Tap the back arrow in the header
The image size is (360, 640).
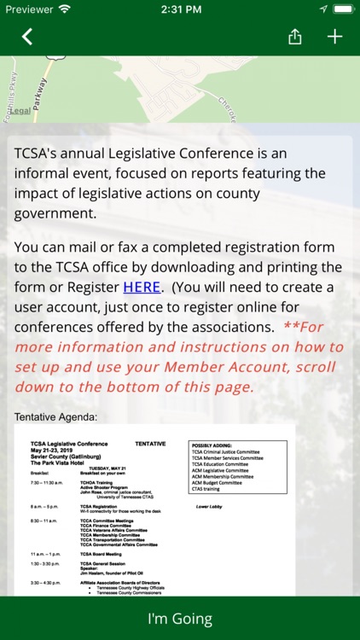tap(27, 37)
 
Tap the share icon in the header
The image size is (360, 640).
tap(295, 37)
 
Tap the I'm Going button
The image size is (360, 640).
tap(180, 619)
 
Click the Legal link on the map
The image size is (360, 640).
tap(21, 111)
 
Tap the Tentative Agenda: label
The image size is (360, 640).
tap(56, 417)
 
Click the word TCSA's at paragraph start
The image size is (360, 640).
tap(38, 154)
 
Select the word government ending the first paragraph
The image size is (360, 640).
tap(55, 213)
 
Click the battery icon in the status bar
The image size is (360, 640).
tap(341, 9)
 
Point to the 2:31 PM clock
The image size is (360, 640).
tap(180, 9)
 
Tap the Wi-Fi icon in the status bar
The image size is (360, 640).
tap(65, 9)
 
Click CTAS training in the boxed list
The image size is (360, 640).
tap(210, 488)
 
